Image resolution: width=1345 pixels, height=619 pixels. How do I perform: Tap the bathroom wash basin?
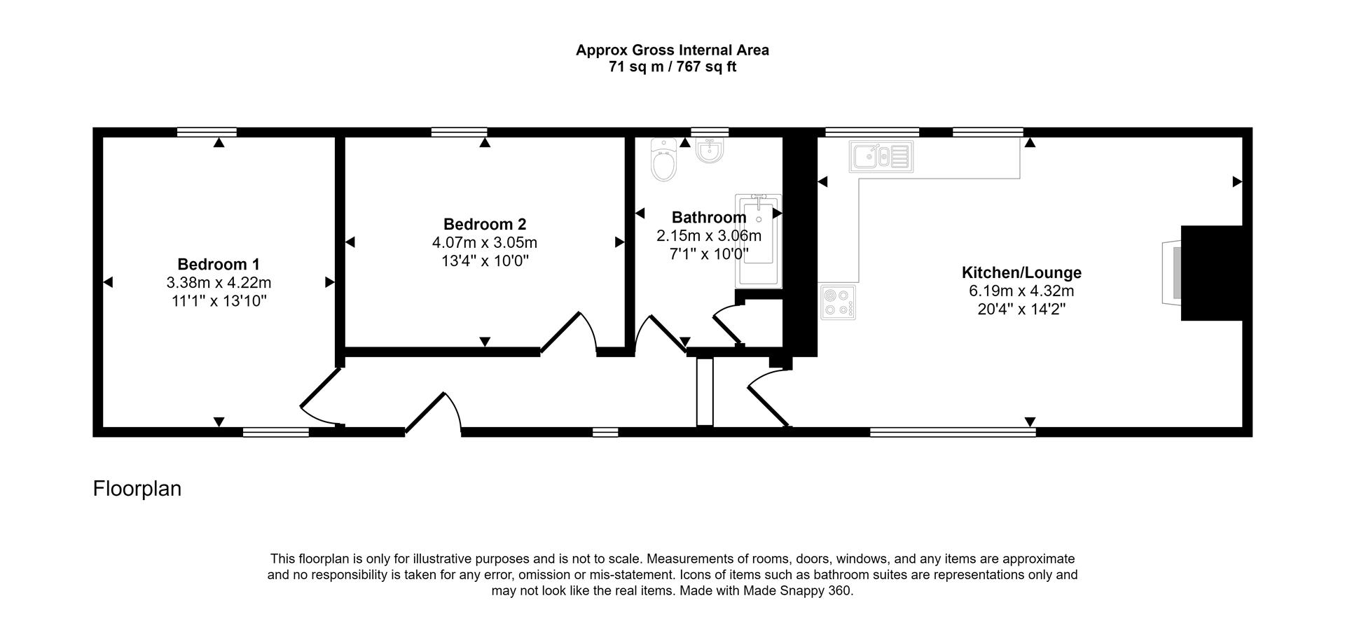[710, 151]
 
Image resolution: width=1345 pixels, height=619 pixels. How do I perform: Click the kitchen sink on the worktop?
[881, 156]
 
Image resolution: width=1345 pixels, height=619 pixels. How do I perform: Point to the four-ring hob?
[837, 302]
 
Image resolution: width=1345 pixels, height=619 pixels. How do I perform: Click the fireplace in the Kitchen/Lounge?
[1171, 272]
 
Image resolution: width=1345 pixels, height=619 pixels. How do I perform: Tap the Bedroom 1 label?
[219, 265]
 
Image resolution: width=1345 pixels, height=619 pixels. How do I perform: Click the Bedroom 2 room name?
[485, 224]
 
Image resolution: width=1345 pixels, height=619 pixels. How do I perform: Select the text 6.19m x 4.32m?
[1021, 291]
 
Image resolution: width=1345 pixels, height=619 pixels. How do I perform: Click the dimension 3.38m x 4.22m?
[219, 283]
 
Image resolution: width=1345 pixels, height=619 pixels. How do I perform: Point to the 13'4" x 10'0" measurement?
[485, 260]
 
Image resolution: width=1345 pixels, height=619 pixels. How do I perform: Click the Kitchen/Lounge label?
[1021, 272]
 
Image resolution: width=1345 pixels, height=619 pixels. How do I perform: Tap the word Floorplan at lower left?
[137, 489]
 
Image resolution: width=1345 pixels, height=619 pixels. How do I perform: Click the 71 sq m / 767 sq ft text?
[672, 67]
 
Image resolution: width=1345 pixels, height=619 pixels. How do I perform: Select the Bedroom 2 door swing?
[569, 333]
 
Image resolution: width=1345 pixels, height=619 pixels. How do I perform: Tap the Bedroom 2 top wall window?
[459, 132]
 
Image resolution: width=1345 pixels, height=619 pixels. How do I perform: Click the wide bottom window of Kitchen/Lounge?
[953, 432]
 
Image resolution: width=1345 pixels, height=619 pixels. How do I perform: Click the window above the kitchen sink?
[872, 132]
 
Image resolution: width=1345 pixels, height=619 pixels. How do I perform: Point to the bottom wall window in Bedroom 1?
[276, 432]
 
